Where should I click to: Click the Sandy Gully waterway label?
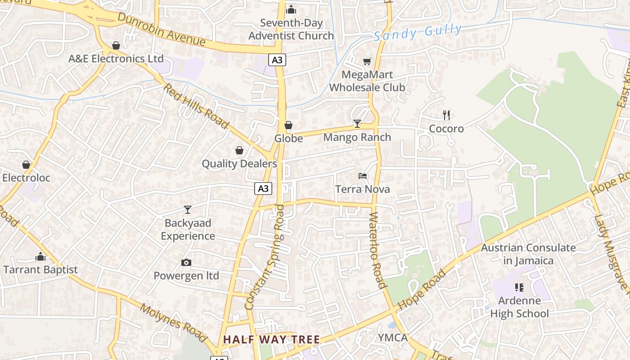[418, 32]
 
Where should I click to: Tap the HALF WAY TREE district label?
[271, 340]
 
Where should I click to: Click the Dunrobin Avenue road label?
[161, 29]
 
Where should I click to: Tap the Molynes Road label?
[173, 322]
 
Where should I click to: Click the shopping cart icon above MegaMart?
[367, 61]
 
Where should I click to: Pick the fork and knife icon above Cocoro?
[446, 115]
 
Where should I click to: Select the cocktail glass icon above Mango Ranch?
[357, 124]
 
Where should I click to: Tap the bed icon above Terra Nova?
[363, 176]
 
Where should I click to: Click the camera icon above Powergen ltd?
[186, 262]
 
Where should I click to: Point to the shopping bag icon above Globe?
[288, 125]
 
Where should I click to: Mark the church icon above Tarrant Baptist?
[40, 256]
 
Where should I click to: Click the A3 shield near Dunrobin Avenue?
[278, 59]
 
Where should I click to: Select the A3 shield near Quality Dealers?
[263, 188]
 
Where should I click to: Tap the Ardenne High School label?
[519, 307]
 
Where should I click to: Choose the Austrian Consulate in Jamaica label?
[528, 254]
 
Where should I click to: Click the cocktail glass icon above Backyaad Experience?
[188, 209]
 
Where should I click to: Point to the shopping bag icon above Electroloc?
[26, 165]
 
